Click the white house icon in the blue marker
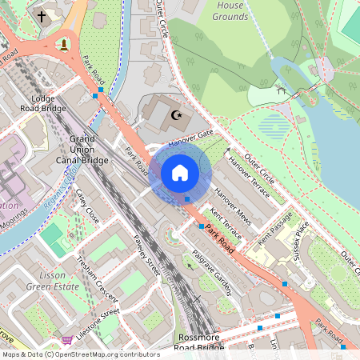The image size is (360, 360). pyautogui.click(x=180, y=172)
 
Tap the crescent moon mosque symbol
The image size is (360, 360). pyautogui.click(x=176, y=115)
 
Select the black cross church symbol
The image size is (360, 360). pyautogui.click(x=42, y=15)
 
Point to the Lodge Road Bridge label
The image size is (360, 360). pyautogui.click(x=42, y=102)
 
